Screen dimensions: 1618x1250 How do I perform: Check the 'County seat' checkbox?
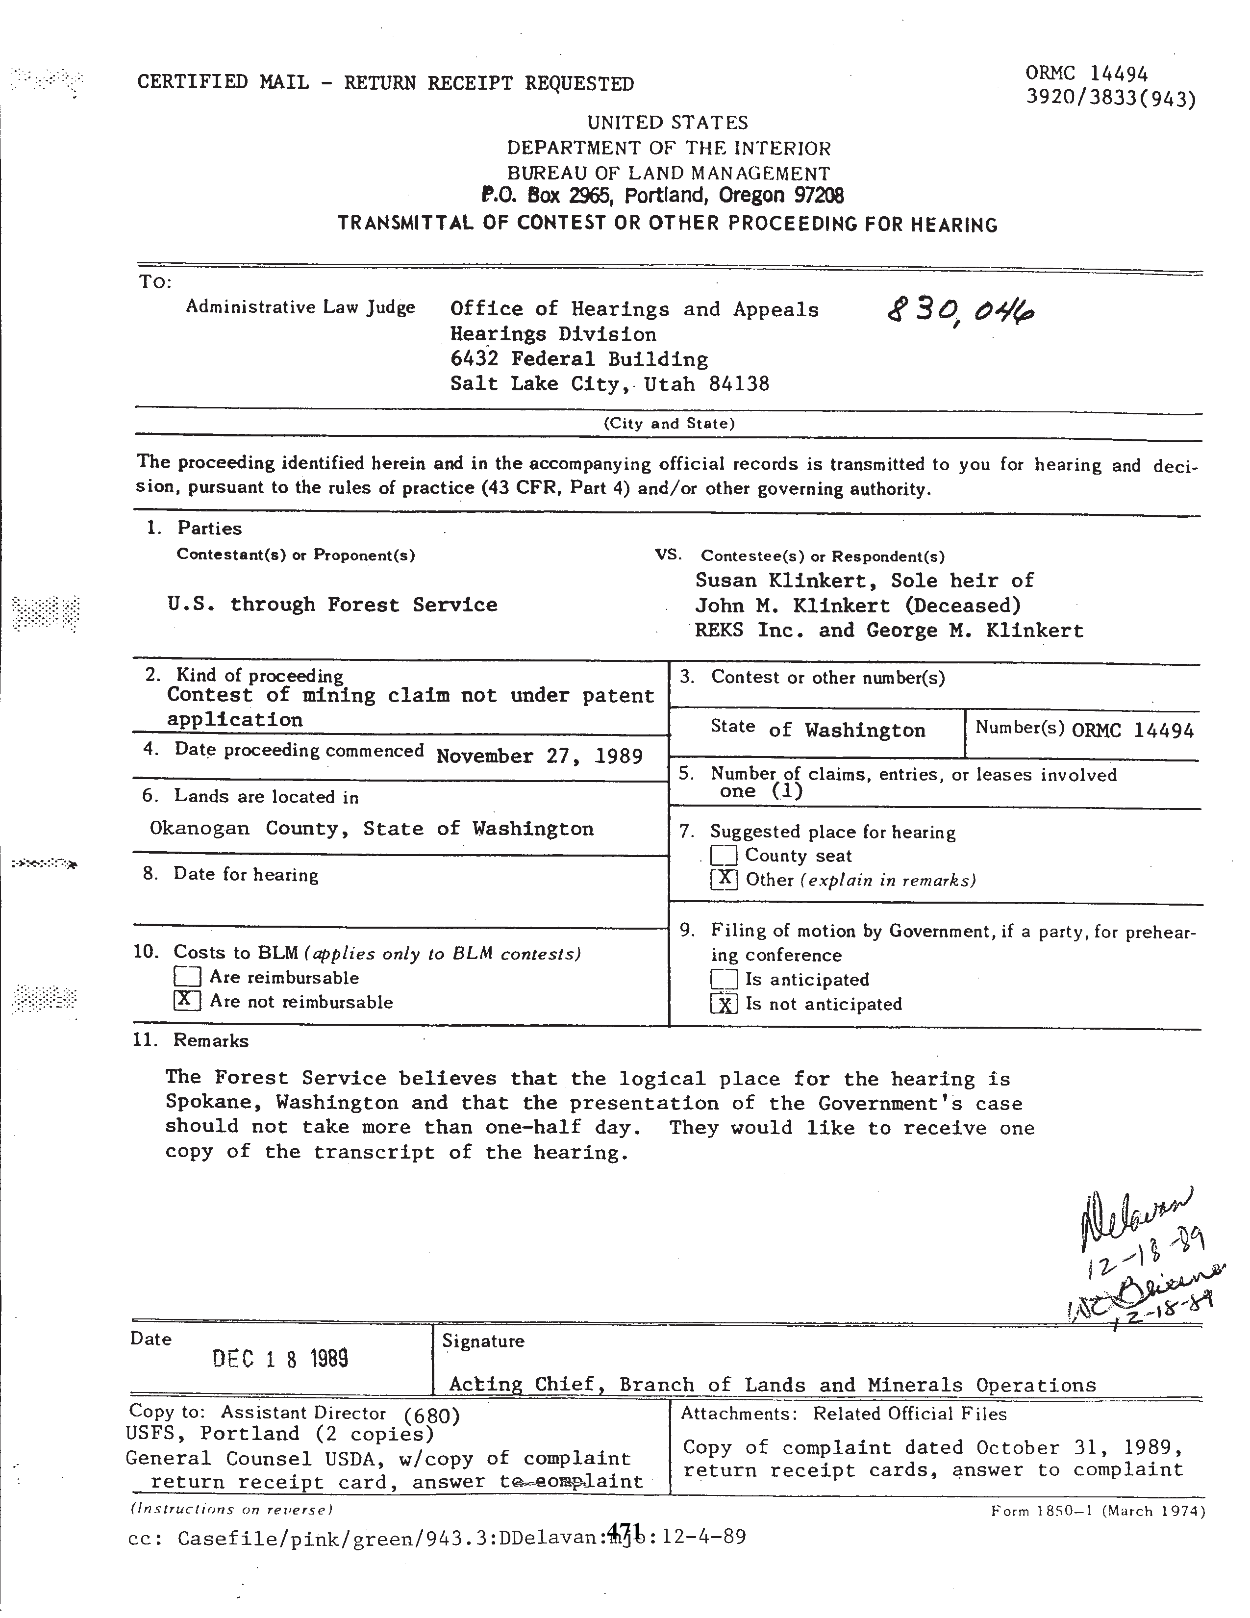(724, 856)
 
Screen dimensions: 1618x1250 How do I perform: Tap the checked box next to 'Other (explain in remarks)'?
(724, 880)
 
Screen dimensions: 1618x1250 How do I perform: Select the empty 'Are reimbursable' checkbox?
(187, 977)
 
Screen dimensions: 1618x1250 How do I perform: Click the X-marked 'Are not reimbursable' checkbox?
(187, 1001)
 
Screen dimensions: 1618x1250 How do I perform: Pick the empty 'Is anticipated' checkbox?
(724, 980)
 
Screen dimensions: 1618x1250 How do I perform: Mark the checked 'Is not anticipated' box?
(724, 1004)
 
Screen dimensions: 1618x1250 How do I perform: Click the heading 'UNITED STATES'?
(667, 122)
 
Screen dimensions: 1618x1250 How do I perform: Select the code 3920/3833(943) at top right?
(1110, 99)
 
